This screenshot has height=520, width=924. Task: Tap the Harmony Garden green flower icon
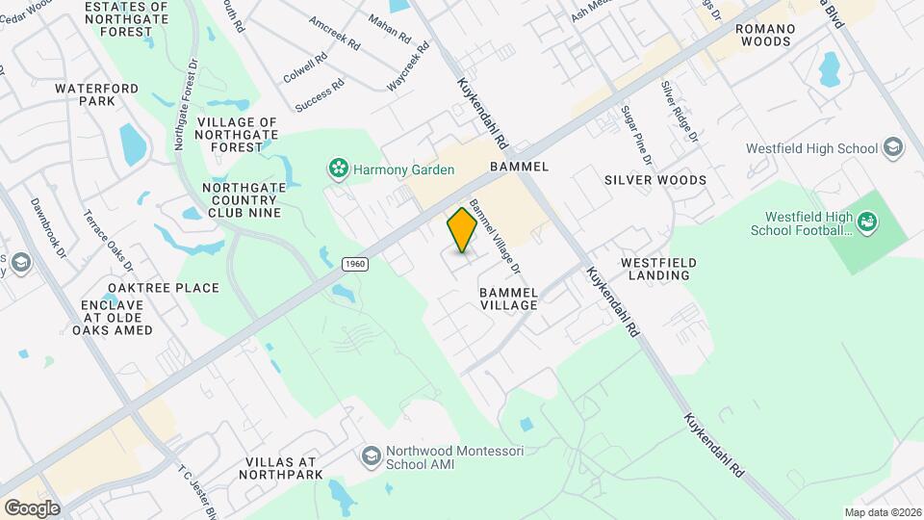(338, 169)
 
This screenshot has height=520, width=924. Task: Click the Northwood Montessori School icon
(371, 455)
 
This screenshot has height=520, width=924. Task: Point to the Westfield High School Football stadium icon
(868, 223)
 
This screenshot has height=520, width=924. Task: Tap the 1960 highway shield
(355, 263)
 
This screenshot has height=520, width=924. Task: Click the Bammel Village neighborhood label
(508, 297)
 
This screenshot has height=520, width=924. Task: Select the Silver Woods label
(654, 180)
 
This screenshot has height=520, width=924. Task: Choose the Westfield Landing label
(654, 268)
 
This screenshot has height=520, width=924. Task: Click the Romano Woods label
(765, 36)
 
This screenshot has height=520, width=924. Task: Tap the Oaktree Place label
(150, 288)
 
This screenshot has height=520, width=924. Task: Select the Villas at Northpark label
(281, 468)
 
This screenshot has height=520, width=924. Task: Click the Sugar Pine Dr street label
(636, 135)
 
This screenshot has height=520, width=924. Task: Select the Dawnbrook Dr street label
(47, 228)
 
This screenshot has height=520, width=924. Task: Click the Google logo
(31, 507)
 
